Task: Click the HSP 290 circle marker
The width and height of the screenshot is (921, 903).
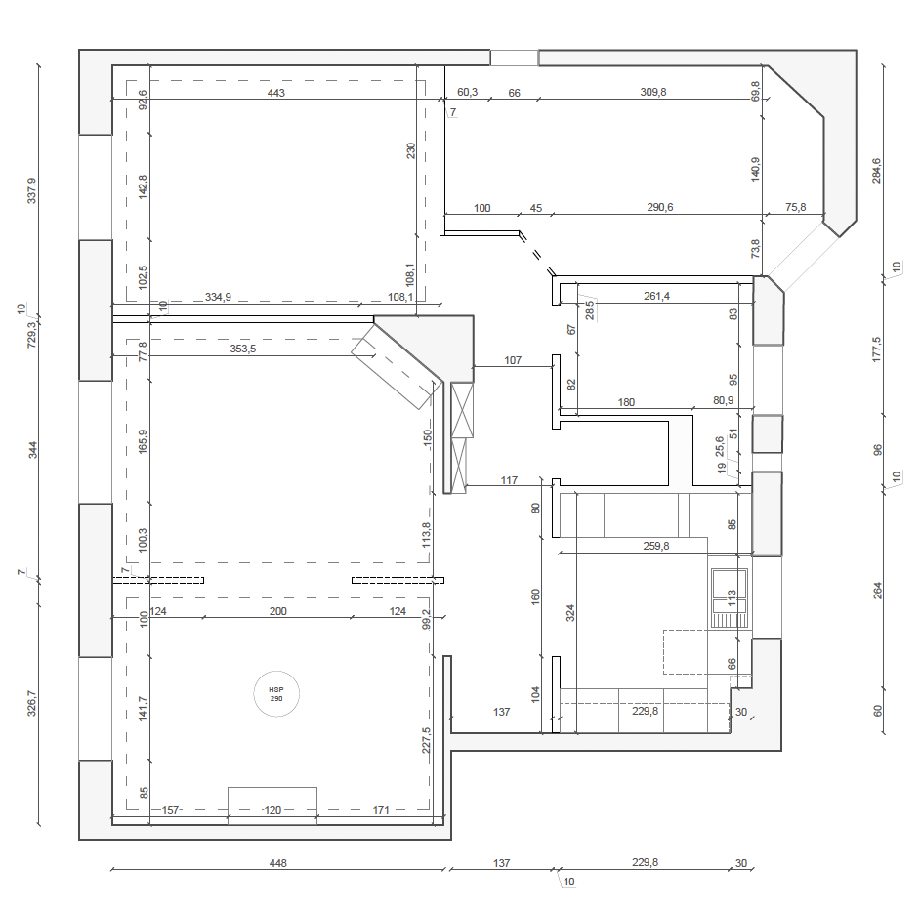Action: [275, 694]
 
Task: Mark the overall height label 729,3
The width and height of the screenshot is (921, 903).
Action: [31, 335]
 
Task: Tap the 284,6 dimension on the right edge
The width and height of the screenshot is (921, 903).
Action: [876, 170]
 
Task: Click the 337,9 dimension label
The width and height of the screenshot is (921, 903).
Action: [31, 190]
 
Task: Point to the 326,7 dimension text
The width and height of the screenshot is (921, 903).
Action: [31, 707]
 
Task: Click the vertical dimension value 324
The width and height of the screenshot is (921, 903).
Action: [571, 612]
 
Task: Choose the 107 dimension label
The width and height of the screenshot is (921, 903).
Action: [514, 360]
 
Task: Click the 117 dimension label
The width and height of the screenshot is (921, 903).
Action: [509, 480]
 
